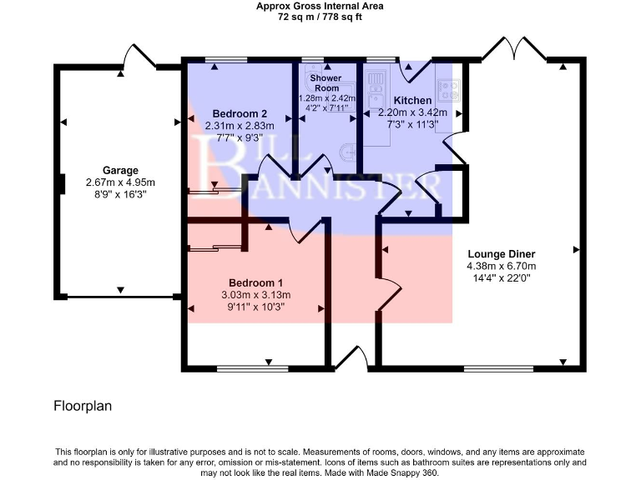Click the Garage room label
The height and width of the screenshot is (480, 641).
point(121,170)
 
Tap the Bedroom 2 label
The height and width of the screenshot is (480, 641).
point(240,113)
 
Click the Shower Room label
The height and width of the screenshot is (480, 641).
point(326,82)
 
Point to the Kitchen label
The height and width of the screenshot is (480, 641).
point(413,100)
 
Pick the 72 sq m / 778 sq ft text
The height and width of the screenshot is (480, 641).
point(320,17)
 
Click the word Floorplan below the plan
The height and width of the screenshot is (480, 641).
point(83,407)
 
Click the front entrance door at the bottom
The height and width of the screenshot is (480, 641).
point(351,360)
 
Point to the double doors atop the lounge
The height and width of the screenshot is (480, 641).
point(513,48)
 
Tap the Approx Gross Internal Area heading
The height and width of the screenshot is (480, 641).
point(320,6)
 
